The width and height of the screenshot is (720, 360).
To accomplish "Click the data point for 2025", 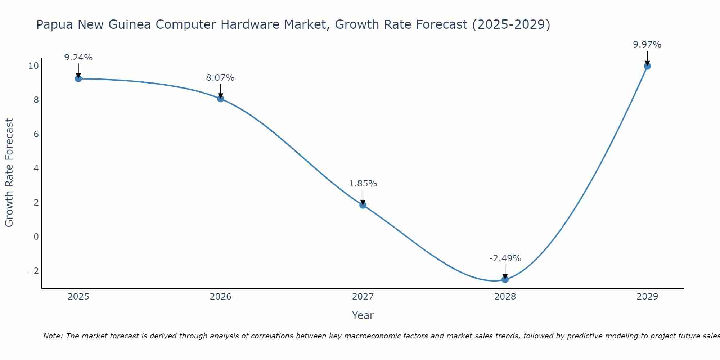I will (78, 78).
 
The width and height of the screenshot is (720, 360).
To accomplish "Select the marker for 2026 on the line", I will (221, 99).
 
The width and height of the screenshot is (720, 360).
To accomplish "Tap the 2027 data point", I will (363, 205).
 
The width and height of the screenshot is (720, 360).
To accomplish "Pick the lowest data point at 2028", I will (505, 279).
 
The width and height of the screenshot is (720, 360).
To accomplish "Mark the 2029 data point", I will (647, 66).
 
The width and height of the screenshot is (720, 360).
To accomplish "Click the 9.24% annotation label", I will (78, 58).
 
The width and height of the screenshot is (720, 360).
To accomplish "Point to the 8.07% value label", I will (220, 78).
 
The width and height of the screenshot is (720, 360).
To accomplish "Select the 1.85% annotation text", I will (363, 184).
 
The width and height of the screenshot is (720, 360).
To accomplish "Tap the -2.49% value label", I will (505, 258).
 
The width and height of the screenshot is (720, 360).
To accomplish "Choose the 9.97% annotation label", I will (647, 45).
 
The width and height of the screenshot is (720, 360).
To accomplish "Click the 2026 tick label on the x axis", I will (221, 297).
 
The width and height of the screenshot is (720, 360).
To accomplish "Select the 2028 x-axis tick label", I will (505, 297).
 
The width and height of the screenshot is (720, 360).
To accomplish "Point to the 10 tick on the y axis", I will (33, 66).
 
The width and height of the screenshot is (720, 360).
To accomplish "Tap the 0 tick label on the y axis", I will (36, 237).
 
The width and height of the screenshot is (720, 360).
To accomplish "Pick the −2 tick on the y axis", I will (33, 271).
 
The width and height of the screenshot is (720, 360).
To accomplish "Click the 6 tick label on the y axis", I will (36, 134).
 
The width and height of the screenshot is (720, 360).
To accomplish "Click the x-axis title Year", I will (363, 315).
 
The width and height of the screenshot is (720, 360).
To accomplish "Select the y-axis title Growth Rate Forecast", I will (9, 173).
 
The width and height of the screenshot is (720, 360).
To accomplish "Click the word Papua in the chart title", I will (54, 25).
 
